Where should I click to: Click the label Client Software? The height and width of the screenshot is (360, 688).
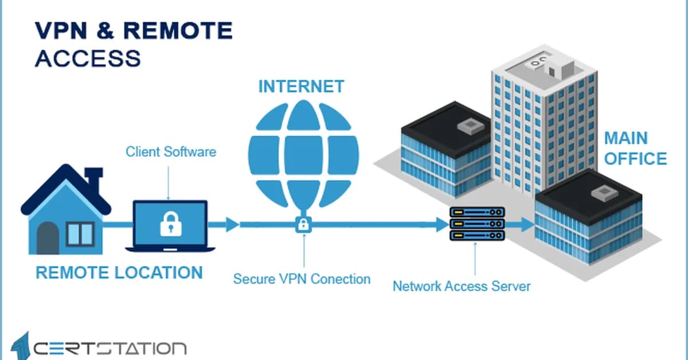[x=170, y=152]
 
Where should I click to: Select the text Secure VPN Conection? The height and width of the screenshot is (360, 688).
[x=302, y=279]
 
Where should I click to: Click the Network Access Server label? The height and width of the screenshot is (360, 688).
[x=461, y=285]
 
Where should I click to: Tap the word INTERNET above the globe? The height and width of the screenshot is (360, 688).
[x=301, y=87]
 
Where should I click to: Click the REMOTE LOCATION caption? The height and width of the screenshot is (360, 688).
[x=119, y=272]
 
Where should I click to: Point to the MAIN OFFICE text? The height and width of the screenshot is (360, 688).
[x=635, y=148]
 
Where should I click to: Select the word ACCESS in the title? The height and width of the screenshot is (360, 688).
[x=87, y=58]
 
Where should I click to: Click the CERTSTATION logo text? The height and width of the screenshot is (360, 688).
[x=109, y=348]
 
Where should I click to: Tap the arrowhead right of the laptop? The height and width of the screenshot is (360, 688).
[x=232, y=225]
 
